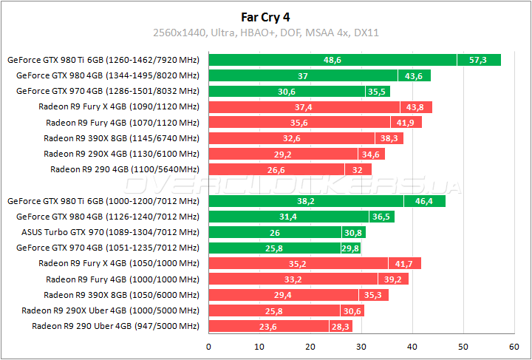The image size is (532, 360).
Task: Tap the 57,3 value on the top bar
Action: [x=479, y=60]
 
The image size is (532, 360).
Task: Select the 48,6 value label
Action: [x=332, y=60]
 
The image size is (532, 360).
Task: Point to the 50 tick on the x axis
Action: [x=463, y=346]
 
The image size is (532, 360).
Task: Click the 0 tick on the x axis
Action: [x=209, y=346]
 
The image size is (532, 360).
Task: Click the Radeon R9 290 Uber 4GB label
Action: [x=115, y=325]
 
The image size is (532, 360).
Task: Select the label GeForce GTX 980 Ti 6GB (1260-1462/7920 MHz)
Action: [x=103, y=60]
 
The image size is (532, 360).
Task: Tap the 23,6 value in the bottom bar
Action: [x=269, y=326]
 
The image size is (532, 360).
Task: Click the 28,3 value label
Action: [x=341, y=326]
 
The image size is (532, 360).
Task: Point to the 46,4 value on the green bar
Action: [x=425, y=201]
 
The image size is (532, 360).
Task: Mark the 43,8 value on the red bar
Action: [x=416, y=107]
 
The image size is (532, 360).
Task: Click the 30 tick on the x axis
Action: [x=361, y=346]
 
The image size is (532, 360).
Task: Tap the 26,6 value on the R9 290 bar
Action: [x=276, y=169]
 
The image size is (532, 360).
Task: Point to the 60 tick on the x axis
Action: [x=514, y=346]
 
